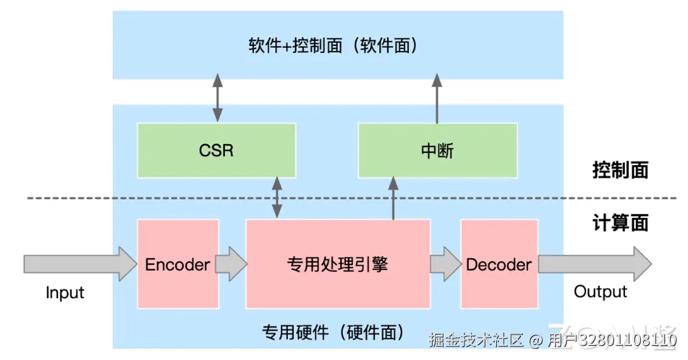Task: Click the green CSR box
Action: tap(217, 150)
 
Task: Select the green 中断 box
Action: tap(438, 150)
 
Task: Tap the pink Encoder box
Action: tap(178, 264)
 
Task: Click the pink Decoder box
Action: tap(499, 264)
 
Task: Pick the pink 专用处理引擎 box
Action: tap(338, 264)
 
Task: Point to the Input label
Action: tap(65, 292)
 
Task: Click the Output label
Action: tap(600, 292)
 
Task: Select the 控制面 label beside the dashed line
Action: tap(620, 170)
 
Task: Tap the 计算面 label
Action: tap(620, 222)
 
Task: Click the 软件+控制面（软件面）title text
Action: tap(333, 45)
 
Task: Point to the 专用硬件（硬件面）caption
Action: tap(333, 333)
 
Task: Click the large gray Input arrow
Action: tap(80, 264)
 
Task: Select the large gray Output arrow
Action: tap(595, 264)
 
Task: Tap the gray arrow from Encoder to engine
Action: tap(231, 264)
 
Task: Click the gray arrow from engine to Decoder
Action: tap(446, 264)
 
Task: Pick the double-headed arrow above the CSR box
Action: tap(218, 98)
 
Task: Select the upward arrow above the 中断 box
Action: tap(437, 98)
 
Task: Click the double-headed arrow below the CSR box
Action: tap(277, 198)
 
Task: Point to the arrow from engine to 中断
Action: tap(393, 198)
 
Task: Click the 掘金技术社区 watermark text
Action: tap(477, 340)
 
